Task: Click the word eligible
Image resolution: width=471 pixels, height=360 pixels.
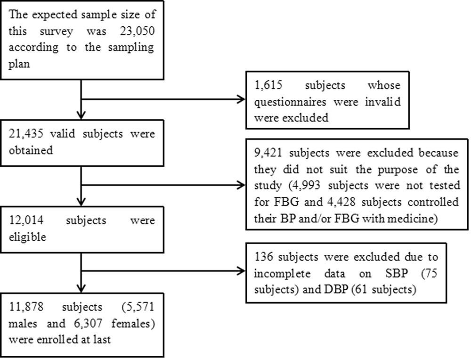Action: point(26,237)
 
